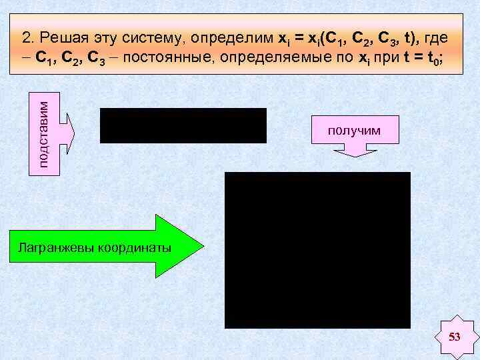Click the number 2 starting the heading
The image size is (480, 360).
pyautogui.click(x=25, y=36)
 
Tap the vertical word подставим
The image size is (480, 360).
pyautogui.click(x=43, y=133)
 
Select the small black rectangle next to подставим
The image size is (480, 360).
pyautogui.click(x=183, y=125)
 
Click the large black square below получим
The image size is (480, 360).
pyautogui.click(x=317, y=250)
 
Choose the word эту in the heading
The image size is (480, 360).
pyautogui.click(x=103, y=36)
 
